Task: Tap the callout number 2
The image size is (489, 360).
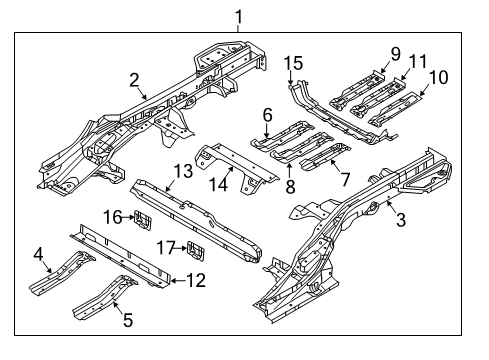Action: (134, 81)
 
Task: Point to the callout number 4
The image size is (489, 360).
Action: (37, 255)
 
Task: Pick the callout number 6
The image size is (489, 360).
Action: (268, 116)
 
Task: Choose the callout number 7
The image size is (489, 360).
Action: (345, 179)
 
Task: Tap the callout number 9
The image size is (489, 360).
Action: (395, 52)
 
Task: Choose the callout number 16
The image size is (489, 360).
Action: (115, 215)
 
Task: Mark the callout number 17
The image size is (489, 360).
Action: (166, 247)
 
